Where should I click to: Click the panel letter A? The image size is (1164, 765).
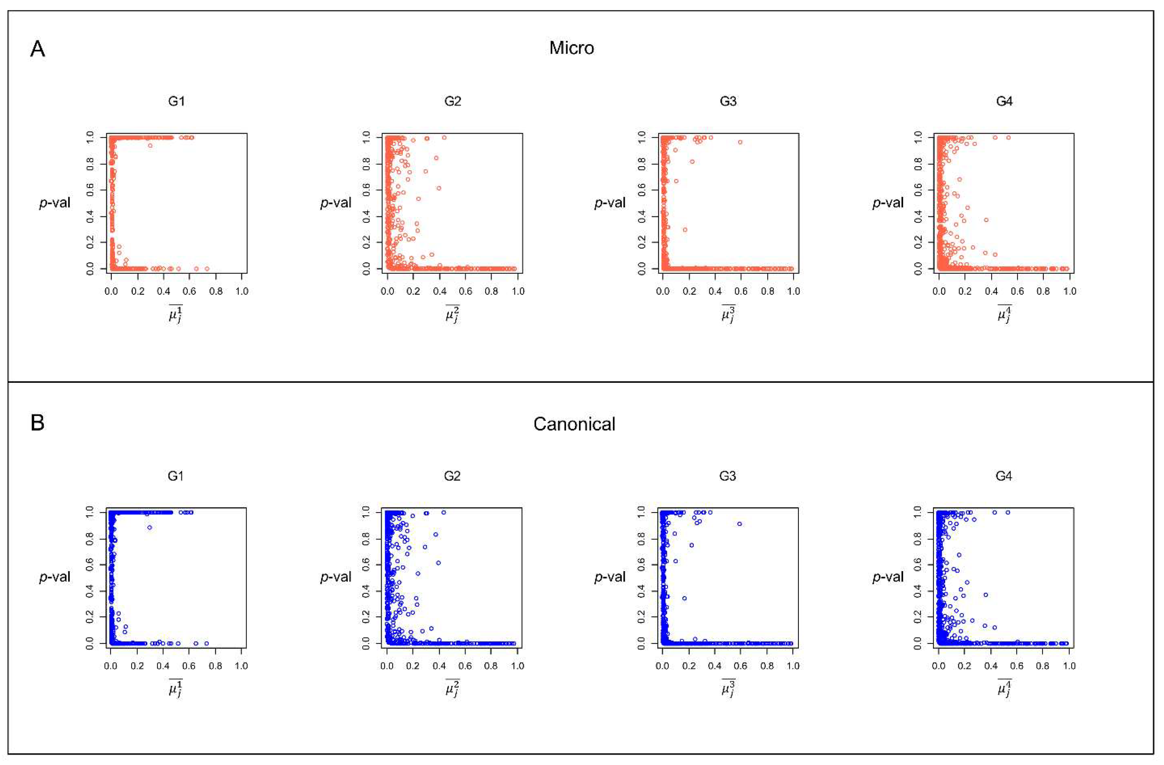click(38, 50)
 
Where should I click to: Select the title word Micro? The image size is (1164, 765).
click(571, 48)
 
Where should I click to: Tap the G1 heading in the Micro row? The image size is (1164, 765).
click(176, 101)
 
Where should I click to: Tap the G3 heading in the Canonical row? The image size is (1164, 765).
click(727, 476)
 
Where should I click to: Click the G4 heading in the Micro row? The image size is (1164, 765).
click(1004, 101)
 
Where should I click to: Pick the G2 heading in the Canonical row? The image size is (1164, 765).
click(452, 476)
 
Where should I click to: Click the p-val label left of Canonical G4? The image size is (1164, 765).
click(888, 577)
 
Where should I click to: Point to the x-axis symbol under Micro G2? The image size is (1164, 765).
click(452, 314)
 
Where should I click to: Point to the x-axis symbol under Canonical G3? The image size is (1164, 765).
click(728, 689)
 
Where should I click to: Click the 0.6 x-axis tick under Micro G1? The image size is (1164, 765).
click(190, 291)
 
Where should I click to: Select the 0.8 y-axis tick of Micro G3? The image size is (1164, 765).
click(642, 164)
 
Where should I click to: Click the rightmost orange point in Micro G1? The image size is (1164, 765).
click(207, 269)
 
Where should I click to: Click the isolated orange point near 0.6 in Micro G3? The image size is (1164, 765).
click(740, 142)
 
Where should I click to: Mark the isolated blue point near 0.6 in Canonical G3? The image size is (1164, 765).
click(740, 524)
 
